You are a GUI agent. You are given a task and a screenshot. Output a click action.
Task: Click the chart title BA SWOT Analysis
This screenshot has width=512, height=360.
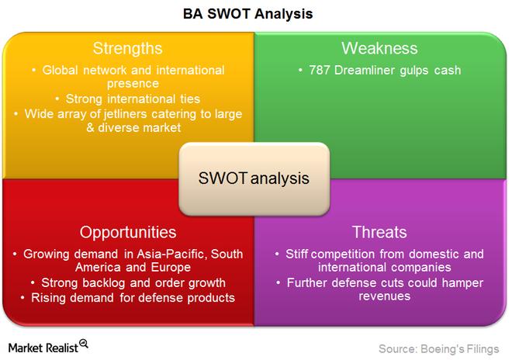coord(247,14)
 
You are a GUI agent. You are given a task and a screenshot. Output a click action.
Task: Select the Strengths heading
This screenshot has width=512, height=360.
coord(128,49)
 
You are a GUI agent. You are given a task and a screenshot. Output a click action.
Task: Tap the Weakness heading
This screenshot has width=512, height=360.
coord(379,48)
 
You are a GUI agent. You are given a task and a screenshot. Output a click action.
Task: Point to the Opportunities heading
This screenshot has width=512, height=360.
coord(128,233)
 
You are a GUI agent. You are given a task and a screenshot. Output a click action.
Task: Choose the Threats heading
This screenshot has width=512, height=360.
coord(379,232)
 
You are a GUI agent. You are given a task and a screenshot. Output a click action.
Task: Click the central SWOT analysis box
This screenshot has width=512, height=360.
coord(254,178)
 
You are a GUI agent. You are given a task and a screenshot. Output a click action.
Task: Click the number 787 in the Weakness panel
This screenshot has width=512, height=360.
coord(320,71)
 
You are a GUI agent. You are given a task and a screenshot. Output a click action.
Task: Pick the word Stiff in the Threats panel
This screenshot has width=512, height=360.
coord(296,254)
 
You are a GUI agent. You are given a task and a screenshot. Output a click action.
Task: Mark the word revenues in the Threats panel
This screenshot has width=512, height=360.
coord(384,296)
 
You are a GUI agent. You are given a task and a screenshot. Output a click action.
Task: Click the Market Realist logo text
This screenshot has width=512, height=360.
coord(43,348)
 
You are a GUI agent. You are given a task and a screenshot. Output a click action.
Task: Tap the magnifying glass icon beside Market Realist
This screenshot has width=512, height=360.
coord(84,344)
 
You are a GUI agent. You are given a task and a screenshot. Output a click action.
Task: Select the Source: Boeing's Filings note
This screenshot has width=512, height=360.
coord(439,349)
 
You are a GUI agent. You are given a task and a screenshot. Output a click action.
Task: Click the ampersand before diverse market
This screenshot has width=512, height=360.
coord(91,128)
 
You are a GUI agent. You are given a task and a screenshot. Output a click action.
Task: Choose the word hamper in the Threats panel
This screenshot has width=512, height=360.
coord(462,283)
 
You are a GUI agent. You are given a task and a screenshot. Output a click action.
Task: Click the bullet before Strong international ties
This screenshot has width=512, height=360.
coord(57,99)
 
